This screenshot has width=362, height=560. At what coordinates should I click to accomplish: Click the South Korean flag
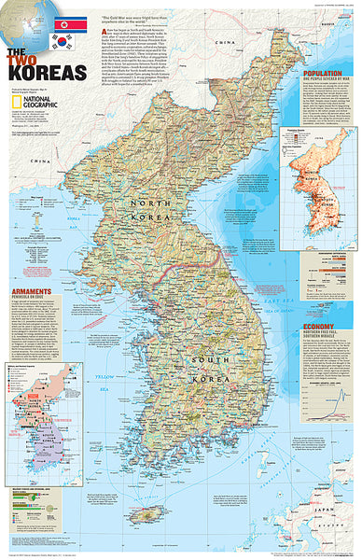[63, 42]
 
